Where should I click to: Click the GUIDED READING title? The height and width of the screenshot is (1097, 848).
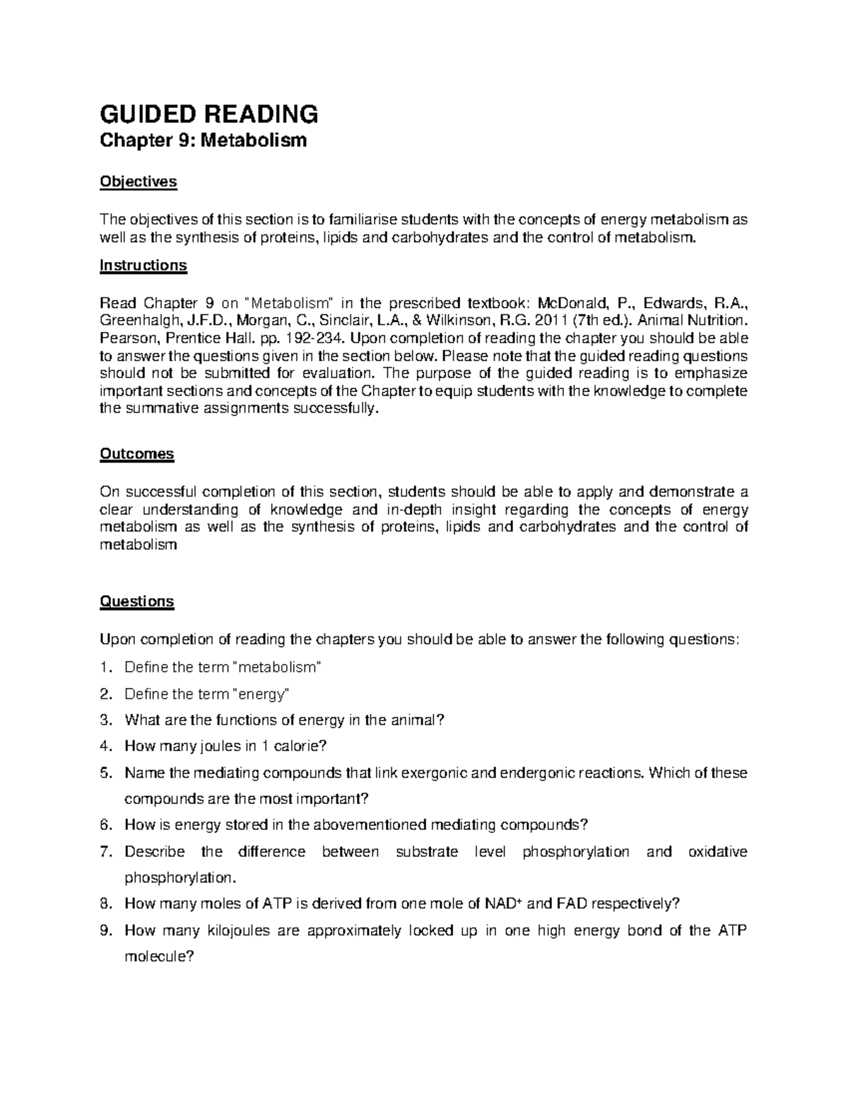(x=208, y=113)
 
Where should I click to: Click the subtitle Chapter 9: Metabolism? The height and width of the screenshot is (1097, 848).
(x=204, y=141)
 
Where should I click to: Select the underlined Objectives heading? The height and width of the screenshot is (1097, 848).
(x=138, y=182)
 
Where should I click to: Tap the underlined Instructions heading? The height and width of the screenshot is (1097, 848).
(x=143, y=265)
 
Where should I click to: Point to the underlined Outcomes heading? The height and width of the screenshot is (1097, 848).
(x=136, y=453)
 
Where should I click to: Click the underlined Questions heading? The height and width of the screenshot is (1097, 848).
(x=136, y=601)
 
